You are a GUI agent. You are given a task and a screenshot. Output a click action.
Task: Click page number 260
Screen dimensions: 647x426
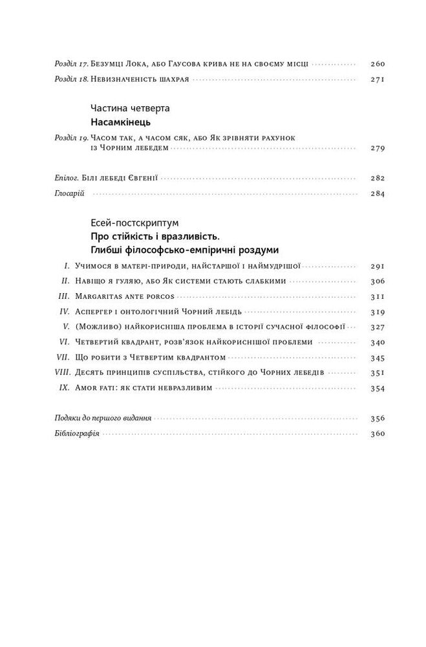pos(378,64)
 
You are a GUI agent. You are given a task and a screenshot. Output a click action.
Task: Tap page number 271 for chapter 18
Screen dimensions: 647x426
pos(378,80)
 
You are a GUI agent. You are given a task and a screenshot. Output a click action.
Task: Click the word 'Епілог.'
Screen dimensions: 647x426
pos(61,178)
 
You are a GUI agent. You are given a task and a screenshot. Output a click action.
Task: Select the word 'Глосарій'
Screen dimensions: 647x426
pos(64,193)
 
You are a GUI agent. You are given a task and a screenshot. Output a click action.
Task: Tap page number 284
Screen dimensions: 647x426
pos(378,193)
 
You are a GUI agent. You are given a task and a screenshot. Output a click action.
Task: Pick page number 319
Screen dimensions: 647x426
pos(378,312)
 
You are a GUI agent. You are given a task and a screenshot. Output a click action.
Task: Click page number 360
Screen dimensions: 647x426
pos(378,433)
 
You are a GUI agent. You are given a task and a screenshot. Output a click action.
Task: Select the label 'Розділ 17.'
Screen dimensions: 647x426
pos(69,64)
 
